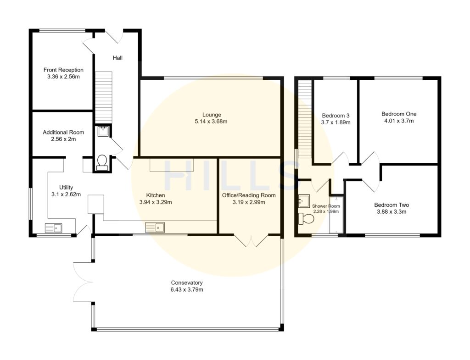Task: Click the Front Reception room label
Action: click(x=63, y=70)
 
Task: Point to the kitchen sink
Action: click(x=156, y=227)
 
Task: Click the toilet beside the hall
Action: click(x=102, y=162)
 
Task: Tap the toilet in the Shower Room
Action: click(x=306, y=219)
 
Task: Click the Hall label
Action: click(x=117, y=58)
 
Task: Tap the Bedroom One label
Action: click(x=398, y=114)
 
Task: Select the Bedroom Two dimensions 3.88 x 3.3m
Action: click(x=391, y=212)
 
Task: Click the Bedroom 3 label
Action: click(x=336, y=115)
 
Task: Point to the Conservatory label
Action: click(x=187, y=282)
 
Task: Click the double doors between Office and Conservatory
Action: click(x=251, y=241)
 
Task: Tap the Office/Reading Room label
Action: click(x=248, y=195)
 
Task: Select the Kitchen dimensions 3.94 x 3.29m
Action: click(x=155, y=202)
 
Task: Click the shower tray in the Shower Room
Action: click(x=336, y=216)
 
